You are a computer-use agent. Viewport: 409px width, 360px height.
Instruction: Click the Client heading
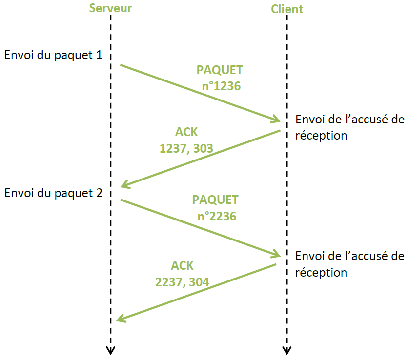287,9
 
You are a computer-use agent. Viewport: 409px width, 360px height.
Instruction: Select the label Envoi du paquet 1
53,55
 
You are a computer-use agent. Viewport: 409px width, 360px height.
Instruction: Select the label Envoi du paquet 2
53,192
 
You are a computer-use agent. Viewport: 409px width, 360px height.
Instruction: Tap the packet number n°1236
222,86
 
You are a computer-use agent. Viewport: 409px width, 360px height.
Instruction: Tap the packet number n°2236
217,216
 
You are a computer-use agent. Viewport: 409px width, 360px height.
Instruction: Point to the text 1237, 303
186,148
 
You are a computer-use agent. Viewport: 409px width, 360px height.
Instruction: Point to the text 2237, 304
182,282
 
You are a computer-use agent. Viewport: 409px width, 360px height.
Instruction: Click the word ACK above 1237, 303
186,132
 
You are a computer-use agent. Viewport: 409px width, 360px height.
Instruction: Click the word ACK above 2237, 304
182,266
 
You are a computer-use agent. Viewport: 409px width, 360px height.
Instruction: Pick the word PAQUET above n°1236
220,70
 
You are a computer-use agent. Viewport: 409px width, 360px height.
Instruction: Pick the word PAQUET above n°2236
215,200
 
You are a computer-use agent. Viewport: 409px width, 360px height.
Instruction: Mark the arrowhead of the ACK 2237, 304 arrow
120,320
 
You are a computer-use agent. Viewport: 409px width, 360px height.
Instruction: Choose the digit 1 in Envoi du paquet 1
99,55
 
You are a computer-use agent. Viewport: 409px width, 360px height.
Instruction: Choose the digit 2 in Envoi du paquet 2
99,192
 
